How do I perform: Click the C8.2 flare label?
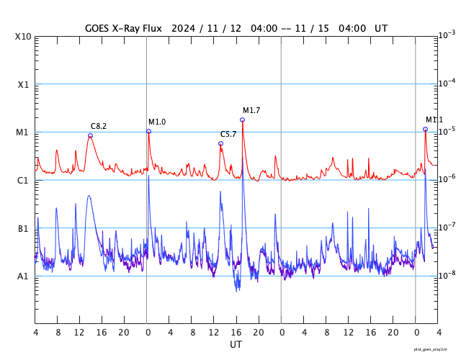click(99, 126)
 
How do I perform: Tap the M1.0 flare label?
click(157, 122)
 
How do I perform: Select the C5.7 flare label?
click(228, 134)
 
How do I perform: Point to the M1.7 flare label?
click(251, 110)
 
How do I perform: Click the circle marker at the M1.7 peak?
click(243, 120)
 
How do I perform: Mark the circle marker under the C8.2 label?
click(90, 135)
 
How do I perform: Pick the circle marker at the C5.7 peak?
click(221, 143)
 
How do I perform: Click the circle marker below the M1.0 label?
click(149, 131)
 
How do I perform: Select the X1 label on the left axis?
click(24, 84)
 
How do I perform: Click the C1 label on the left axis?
click(24, 180)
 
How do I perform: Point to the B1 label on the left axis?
click(24, 228)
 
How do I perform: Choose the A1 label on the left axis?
click(24, 276)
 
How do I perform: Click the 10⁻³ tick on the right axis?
click(446, 35)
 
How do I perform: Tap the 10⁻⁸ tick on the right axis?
click(446, 275)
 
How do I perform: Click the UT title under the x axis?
click(236, 345)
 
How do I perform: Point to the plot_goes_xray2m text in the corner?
click(435, 348)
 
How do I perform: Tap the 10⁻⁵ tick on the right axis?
click(446, 131)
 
